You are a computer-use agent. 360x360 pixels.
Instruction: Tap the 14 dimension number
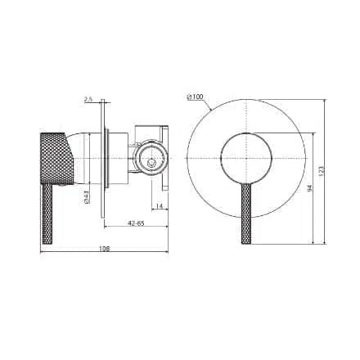coord(158,205)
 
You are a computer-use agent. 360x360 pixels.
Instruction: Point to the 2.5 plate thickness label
coord(88,100)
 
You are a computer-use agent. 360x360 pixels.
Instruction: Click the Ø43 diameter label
coord(86,196)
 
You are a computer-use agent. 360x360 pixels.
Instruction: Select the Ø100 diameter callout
coord(196,97)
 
